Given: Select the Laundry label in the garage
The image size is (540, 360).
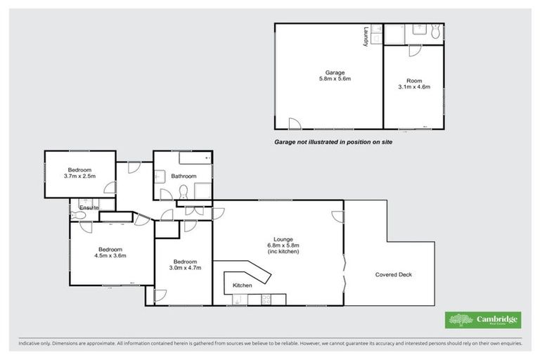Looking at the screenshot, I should point(366,37).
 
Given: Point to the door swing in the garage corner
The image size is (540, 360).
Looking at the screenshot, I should point(294,123).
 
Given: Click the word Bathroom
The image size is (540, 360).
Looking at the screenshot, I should point(184,176).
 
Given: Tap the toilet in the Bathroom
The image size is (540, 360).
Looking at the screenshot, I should point(184,191).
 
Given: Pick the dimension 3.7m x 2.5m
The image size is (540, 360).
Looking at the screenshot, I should point(80,176).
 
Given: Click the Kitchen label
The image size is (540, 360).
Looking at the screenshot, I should point(243,285).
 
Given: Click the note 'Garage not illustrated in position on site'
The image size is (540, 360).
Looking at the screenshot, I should point(333,141).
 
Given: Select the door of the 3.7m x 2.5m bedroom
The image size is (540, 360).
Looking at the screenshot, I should point(110,187).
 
